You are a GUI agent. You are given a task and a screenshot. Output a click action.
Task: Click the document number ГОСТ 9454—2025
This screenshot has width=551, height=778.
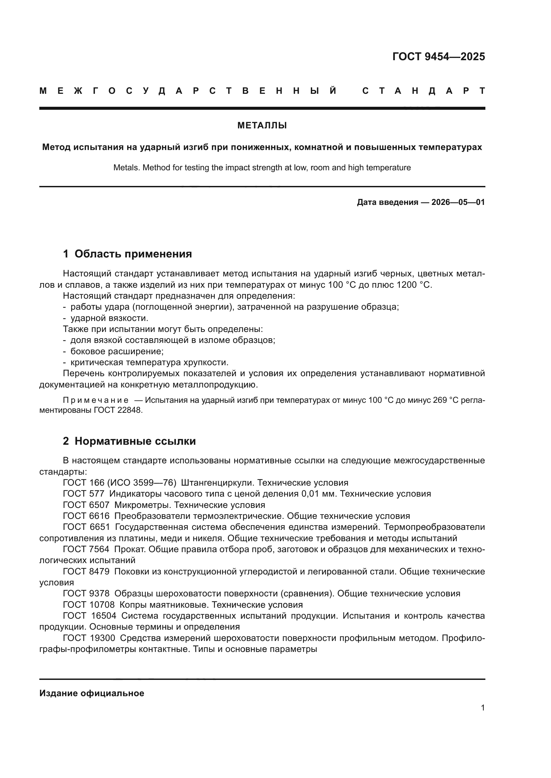438,57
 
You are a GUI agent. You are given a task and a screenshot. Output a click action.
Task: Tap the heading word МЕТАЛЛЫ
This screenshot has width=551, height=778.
262,126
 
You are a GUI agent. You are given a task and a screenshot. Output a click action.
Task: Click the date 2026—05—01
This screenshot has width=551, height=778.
458,203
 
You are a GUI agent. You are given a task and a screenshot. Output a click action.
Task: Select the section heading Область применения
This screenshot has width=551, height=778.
133,254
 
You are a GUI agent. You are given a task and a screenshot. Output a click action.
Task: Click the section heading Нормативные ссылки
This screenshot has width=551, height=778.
135,441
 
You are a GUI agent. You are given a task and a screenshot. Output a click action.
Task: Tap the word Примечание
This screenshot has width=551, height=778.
96,400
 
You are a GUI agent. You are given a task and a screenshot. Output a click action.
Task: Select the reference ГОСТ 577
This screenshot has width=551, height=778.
84,494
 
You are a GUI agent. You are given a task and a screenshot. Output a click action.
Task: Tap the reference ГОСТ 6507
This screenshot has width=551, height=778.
86,505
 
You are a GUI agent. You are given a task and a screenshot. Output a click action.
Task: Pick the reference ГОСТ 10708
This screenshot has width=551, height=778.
89,605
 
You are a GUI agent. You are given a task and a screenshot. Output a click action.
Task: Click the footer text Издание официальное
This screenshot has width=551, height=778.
92,693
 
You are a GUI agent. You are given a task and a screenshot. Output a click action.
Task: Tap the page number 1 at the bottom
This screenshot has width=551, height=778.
482,707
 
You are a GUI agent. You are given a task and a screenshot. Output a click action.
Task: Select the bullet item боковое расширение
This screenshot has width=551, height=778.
117,351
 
